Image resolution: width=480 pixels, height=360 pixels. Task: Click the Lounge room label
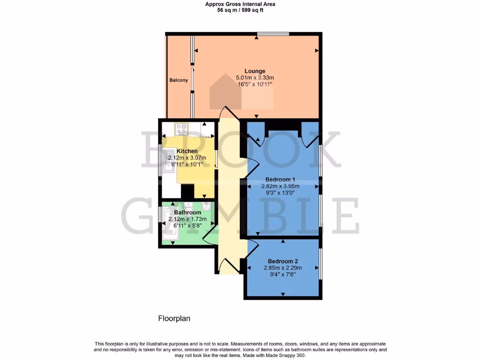click(255, 71)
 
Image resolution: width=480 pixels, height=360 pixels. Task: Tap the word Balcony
click(179, 80)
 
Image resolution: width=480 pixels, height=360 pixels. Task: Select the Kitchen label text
click(187, 151)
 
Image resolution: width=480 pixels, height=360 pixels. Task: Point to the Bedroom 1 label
click(280, 179)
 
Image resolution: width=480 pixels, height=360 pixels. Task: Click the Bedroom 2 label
click(283, 261)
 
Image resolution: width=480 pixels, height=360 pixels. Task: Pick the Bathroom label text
click(187, 212)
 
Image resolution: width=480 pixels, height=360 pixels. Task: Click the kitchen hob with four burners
click(181, 128)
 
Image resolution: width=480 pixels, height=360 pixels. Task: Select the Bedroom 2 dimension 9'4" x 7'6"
click(283, 275)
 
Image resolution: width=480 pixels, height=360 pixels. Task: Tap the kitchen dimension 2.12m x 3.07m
click(187, 158)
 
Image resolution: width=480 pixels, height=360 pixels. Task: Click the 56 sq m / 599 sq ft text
click(240, 10)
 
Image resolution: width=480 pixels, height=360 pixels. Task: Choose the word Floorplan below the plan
click(173, 318)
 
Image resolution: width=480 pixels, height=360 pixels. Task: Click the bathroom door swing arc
click(210, 234)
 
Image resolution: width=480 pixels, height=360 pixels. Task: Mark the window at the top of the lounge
click(272, 33)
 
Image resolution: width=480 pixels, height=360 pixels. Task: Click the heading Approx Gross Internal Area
click(240, 4)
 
